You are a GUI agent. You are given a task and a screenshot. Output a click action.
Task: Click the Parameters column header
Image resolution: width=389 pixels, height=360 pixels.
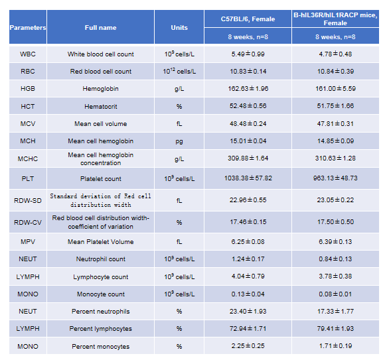28,27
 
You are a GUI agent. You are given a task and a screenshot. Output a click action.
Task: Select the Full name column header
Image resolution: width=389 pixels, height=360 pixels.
100,27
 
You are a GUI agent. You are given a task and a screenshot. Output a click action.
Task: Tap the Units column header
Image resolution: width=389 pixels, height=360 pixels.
179,27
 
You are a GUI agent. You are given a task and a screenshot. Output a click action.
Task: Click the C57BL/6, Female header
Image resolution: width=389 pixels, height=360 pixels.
248,19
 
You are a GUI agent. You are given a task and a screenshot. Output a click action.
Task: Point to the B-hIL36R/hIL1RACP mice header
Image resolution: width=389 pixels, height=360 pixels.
335,19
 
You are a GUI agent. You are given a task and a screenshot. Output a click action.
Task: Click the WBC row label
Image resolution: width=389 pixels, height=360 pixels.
28,54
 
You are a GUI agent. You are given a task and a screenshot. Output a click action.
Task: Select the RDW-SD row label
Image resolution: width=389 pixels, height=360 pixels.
28,200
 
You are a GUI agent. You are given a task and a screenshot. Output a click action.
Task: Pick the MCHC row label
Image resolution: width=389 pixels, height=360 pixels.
28,159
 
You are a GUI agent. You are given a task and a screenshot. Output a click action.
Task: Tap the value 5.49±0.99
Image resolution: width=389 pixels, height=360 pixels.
248,54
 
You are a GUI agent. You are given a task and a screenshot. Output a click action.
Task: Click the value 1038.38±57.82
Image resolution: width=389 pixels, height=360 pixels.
248,178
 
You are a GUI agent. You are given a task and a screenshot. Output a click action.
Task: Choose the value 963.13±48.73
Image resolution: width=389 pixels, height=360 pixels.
335,178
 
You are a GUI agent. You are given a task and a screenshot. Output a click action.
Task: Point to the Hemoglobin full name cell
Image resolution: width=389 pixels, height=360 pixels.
100,89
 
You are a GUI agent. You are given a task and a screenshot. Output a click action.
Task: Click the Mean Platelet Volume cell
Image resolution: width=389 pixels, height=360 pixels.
100,242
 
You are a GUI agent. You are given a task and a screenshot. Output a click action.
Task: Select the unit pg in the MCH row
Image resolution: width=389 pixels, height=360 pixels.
179,141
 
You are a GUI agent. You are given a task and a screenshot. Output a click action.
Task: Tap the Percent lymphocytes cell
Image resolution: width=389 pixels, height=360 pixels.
100,329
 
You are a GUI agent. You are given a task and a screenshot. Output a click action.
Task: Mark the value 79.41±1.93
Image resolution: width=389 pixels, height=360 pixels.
335,329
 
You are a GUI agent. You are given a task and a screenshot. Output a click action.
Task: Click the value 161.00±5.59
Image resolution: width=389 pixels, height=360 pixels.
335,89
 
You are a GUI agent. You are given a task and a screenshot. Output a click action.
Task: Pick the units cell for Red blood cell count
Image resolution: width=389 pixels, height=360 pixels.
179,72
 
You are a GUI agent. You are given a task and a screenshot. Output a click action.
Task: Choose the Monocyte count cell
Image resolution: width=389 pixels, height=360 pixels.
100,294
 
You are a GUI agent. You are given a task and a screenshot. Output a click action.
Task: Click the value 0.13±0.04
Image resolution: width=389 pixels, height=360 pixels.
248,294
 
